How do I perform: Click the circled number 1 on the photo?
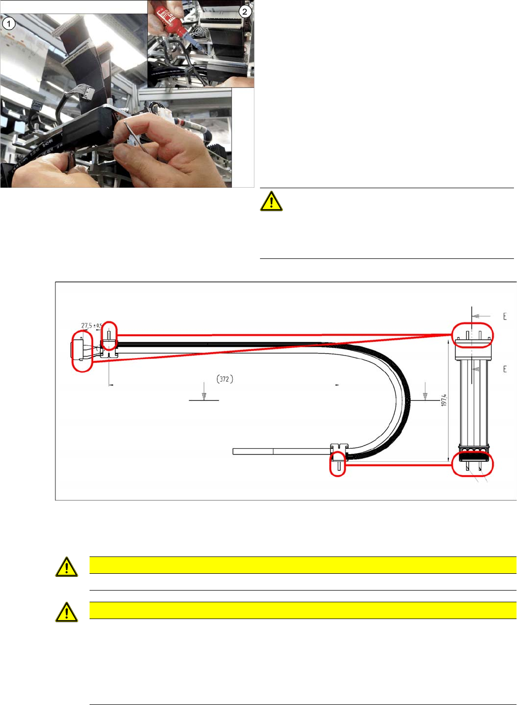9,23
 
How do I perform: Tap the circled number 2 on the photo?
245,11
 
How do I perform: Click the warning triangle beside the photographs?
271,201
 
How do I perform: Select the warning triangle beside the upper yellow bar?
67,567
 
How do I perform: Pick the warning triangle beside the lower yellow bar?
67,612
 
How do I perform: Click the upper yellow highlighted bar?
303,565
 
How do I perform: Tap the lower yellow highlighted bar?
303,610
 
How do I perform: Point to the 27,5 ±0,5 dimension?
92,326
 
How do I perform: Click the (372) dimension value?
224,379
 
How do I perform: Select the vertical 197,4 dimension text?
444,400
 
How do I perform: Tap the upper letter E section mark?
505,316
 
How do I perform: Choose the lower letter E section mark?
505,369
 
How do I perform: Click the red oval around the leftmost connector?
82,351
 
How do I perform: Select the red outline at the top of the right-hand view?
472,335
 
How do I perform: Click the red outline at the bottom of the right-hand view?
472,464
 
